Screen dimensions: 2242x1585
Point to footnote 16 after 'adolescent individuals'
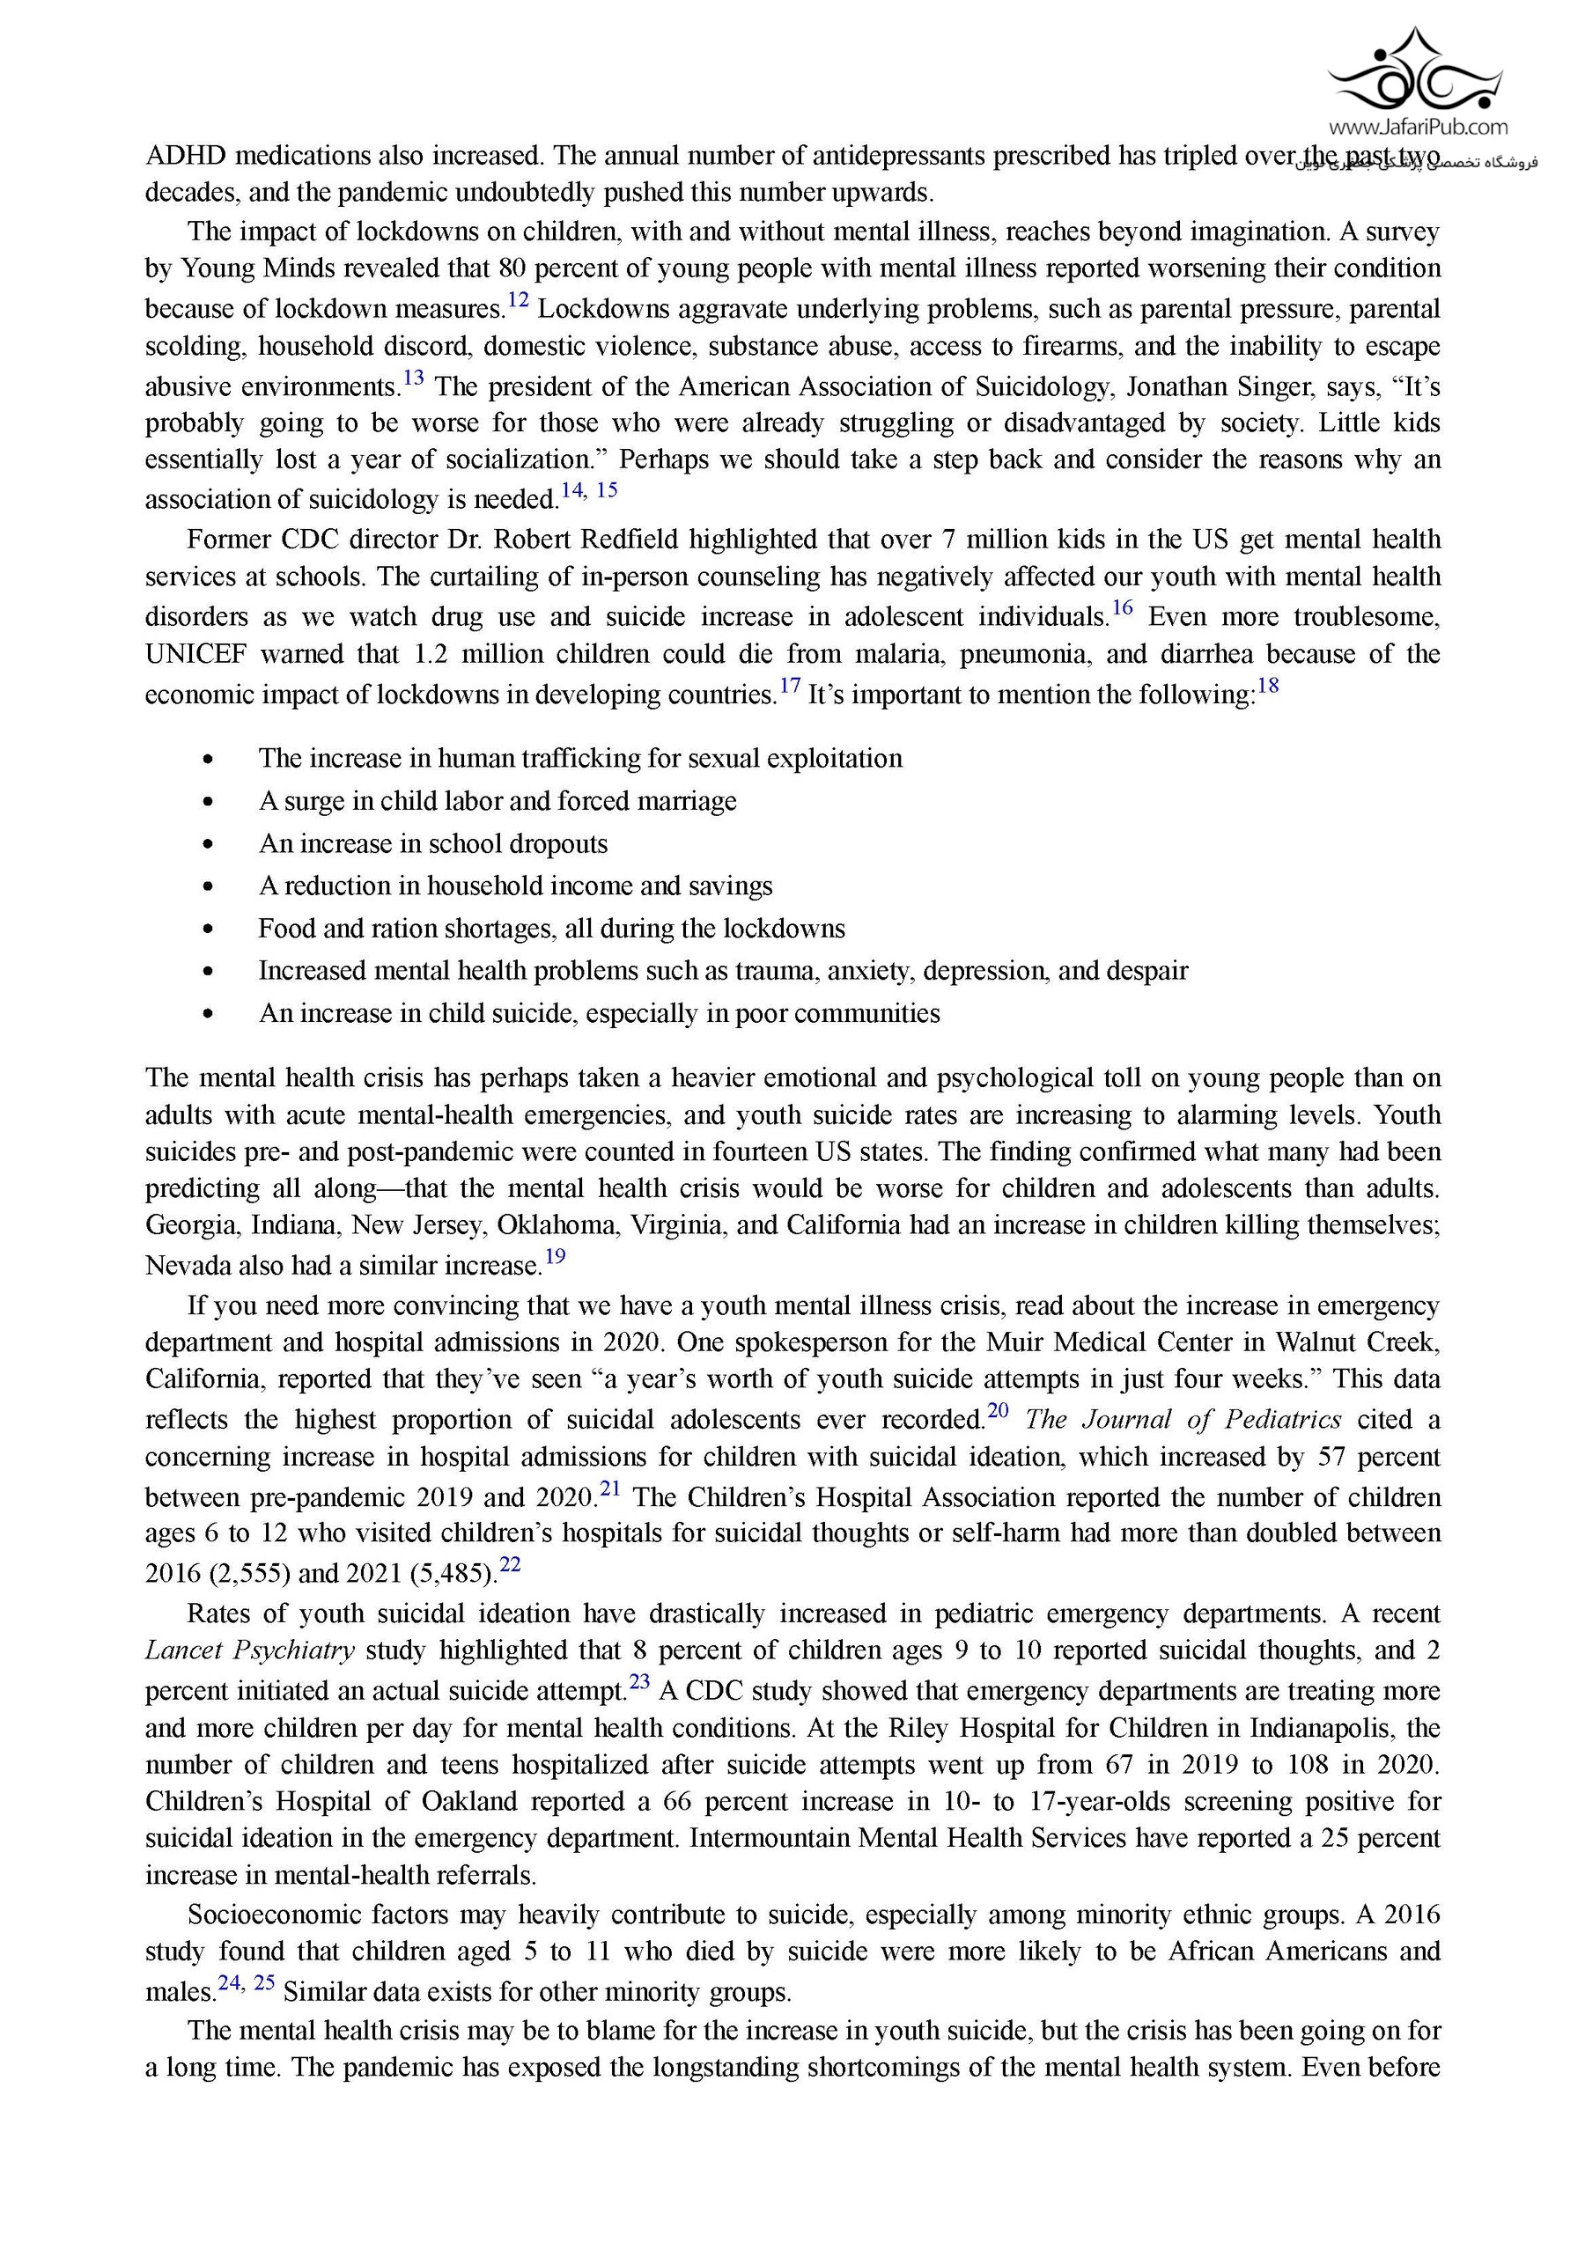[x=1122, y=607]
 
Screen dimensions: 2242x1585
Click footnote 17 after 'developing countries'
[x=789, y=686]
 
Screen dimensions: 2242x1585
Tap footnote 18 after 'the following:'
[x=1268, y=686]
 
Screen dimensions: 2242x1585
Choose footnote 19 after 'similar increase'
[x=555, y=1257]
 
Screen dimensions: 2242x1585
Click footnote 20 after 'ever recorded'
[x=997, y=1410]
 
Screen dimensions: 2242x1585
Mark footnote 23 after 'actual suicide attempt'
[x=638, y=1681]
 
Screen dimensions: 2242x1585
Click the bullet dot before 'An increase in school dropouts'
[x=208, y=845]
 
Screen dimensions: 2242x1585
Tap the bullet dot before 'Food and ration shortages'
[x=208, y=930]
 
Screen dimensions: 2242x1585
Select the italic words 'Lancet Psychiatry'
[x=249, y=1650]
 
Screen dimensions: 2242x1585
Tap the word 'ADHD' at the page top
[x=185, y=156]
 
